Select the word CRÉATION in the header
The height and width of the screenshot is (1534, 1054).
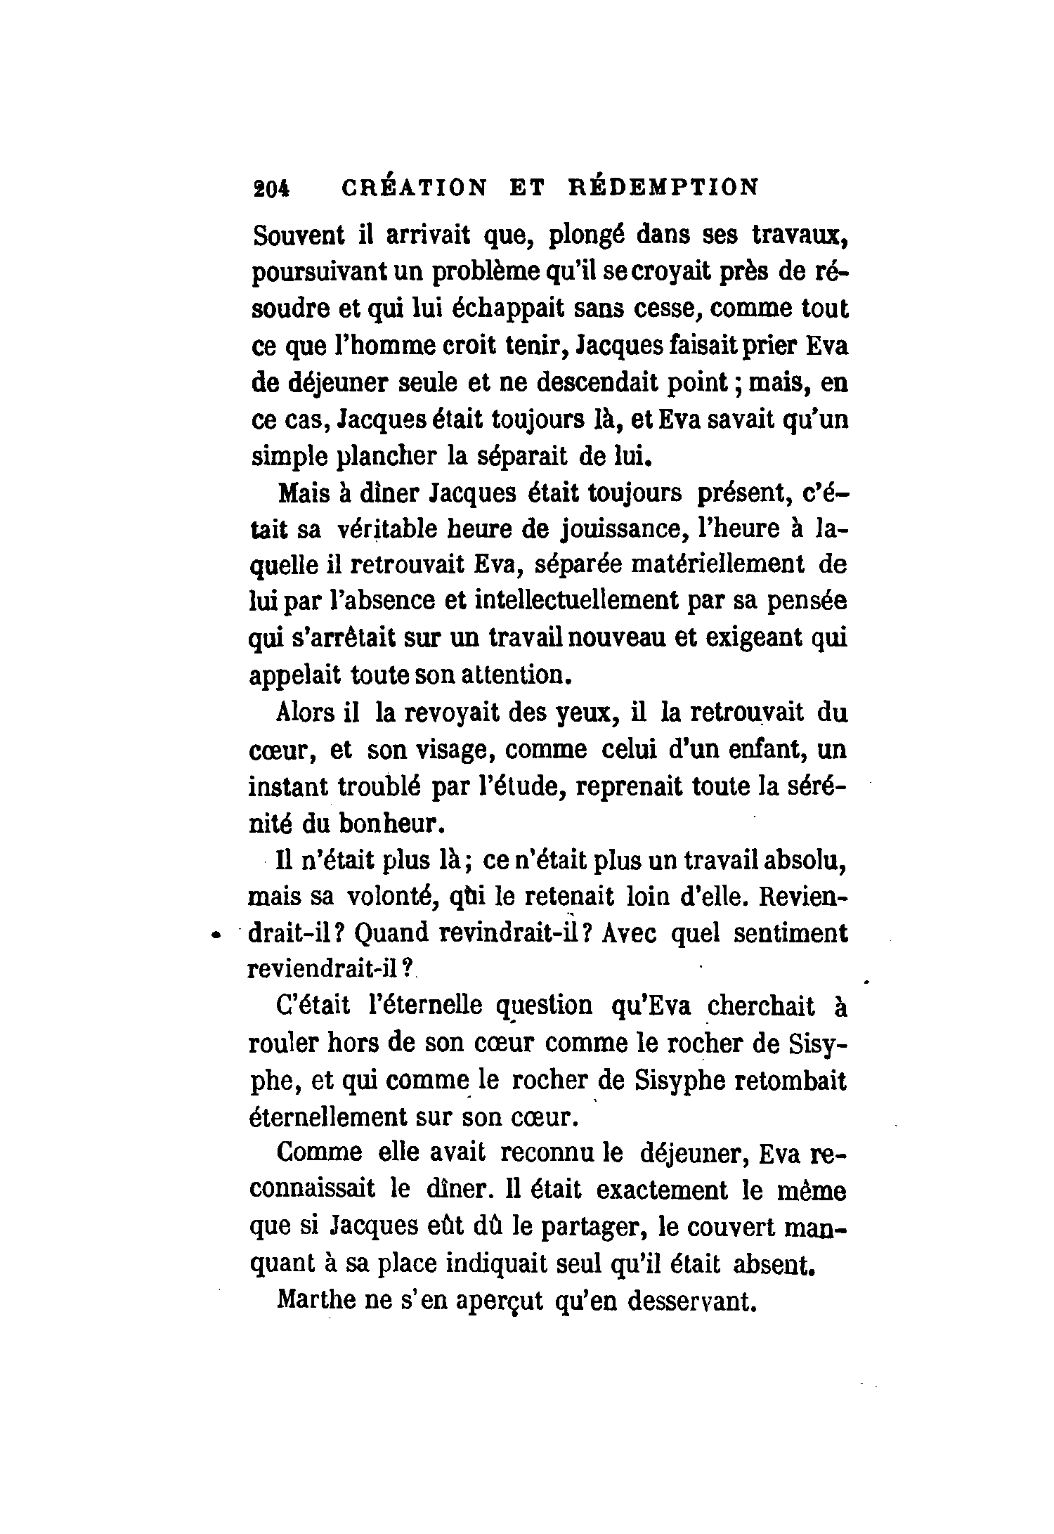point(413,188)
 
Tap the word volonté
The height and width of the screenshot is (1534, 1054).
point(393,897)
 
